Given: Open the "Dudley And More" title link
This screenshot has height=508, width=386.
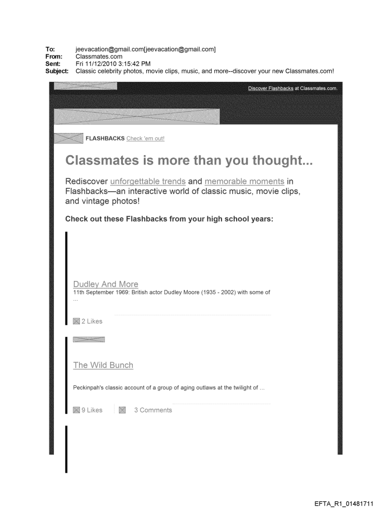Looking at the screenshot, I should (x=105, y=284).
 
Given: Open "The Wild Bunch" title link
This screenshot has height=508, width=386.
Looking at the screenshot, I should (x=103, y=365).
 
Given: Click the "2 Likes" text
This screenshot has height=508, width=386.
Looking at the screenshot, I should (x=91, y=321).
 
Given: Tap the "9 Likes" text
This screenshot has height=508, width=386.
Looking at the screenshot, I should (x=91, y=410).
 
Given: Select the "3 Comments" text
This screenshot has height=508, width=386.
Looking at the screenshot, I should (x=153, y=410).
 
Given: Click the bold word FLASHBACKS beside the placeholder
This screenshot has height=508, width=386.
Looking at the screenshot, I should (x=105, y=139).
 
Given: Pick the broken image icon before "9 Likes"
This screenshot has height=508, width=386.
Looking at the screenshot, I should (x=76, y=410).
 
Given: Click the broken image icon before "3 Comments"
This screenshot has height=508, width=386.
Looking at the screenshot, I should (x=122, y=410).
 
